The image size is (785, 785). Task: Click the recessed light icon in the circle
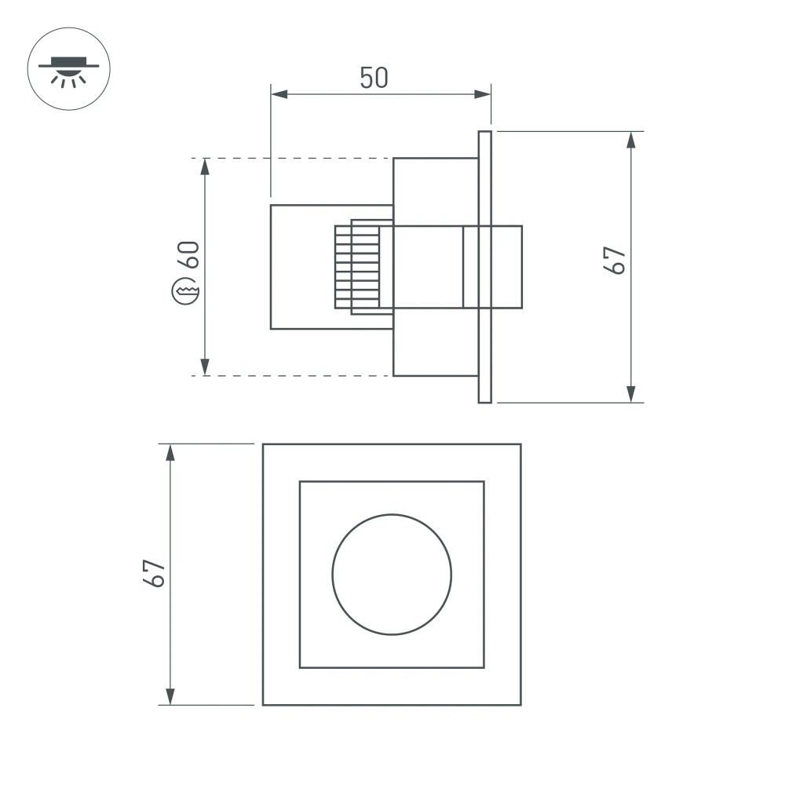click(x=69, y=69)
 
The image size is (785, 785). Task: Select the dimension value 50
click(x=374, y=78)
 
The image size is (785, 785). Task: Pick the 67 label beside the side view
click(x=615, y=260)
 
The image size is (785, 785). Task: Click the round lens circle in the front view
click(x=392, y=574)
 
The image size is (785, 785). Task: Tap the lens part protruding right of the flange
click(x=507, y=267)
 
